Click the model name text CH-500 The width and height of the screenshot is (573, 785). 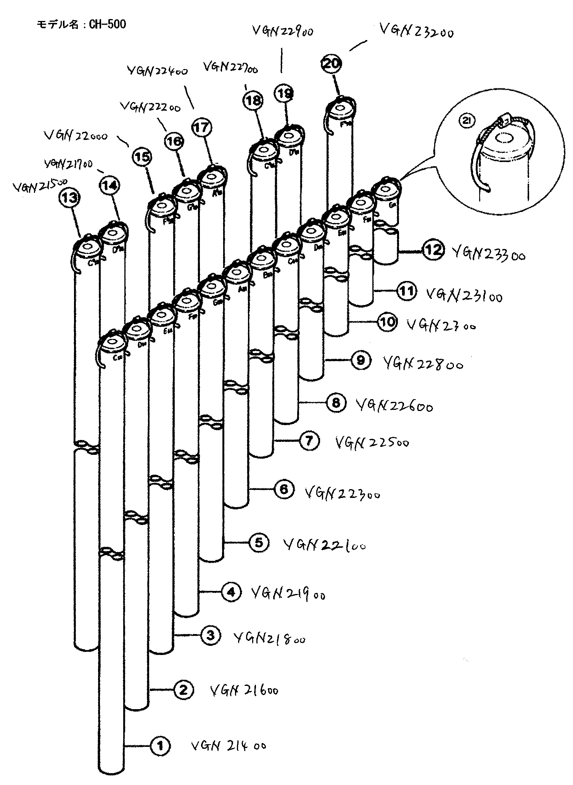click(x=81, y=24)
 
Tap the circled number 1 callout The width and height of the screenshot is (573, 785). click(x=161, y=745)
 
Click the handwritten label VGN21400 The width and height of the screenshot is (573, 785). click(x=228, y=745)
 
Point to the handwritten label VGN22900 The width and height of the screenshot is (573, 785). click(x=283, y=31)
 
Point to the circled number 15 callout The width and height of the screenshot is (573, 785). click(x=142, y=157)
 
